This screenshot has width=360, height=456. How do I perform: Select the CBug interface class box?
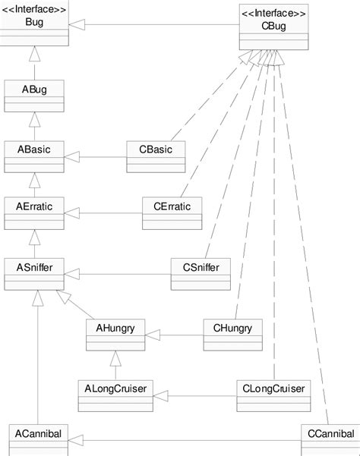point(273,29)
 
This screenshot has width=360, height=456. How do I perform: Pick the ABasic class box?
point(33,155)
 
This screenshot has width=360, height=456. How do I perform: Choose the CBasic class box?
point(156,155)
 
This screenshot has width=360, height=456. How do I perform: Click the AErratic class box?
point(33,211)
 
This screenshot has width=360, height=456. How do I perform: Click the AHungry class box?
point(115,333)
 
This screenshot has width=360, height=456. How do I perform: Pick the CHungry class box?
point(232,333)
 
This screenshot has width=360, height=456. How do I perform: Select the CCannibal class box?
point(328,438)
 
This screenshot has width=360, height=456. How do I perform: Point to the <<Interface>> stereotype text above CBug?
point(273,13)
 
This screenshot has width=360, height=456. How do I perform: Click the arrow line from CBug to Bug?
point(152,26)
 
